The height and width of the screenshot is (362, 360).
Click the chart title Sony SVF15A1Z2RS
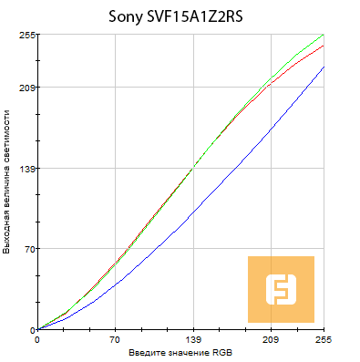click(x=180, y=16)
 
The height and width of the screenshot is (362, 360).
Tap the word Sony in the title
click(x=126, y=16)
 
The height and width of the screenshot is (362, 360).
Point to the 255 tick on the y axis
click(x=26, y=35)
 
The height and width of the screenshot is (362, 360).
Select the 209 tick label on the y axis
click(x=26, y=88)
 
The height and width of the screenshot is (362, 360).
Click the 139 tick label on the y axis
click(x=26, y=169)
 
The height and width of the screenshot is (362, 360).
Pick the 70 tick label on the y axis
click(x=27, y=249)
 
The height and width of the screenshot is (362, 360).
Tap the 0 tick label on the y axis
click(x=30, y=329)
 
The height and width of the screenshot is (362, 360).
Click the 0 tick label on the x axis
click(x=36, y=339)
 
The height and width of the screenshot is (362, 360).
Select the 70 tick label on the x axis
click(x=116, y=339)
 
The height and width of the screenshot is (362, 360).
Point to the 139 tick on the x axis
click(x=193, y=339)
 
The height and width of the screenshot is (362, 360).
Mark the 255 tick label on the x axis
click(x=323, y=339)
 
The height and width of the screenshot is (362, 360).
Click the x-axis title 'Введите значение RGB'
click(x=180, y=352)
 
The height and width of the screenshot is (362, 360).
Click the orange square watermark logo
click(x=281, y=289)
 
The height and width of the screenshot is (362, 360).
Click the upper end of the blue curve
click(x=324, y=67)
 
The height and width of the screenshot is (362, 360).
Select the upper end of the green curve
click(x=324, y=36)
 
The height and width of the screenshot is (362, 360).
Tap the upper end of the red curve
click(x=324, y=45)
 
